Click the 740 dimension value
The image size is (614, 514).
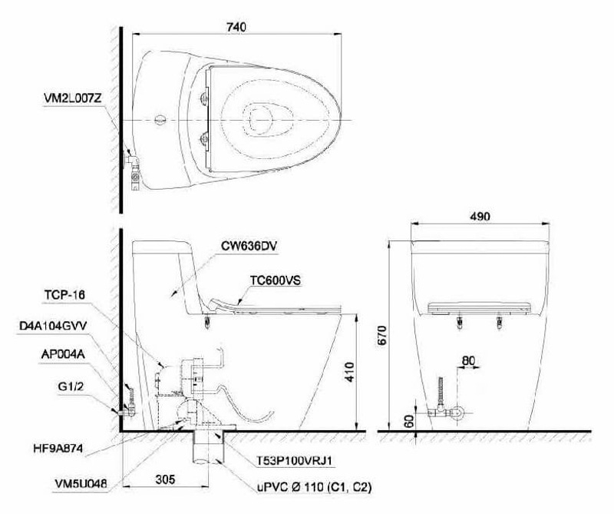click(x=236, y=27)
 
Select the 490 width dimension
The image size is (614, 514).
click(x=480, y=217)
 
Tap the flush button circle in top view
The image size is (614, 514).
click(x=160, y=120)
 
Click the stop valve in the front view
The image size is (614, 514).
click(x=453, y=413)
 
